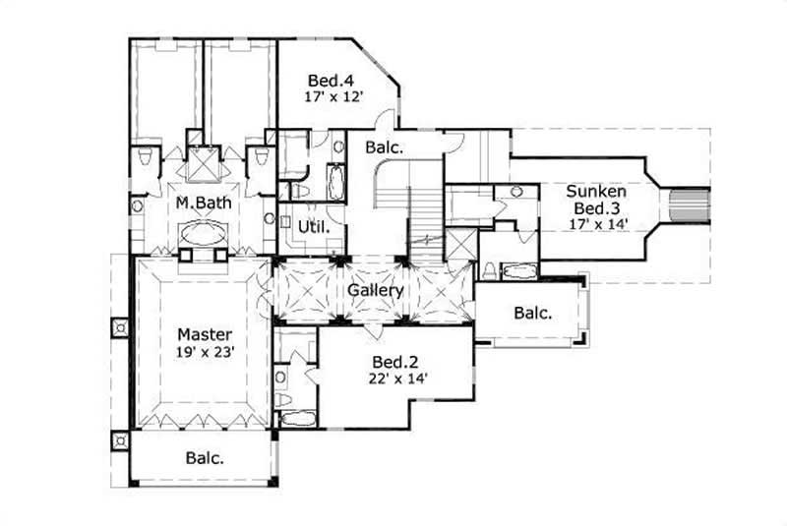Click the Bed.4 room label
[x=325, y=81]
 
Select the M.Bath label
[x=197, y=204]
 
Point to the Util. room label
[x=313, y=226]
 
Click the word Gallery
[x=375, y=291]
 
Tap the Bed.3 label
[x=591, y=208]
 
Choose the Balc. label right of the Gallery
[x=531, y=314]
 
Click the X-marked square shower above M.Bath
[x=205, y=164]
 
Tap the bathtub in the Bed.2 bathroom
[x=295, y=419]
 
